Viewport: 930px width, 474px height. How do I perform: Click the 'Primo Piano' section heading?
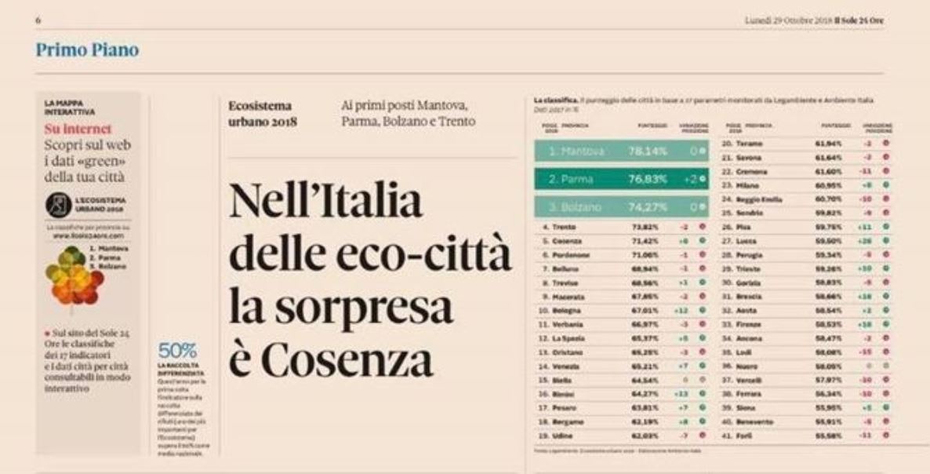click(x=87, y=50)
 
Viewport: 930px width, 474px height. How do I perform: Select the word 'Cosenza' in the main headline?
click(x=347, y=359)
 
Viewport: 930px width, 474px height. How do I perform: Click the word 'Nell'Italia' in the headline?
click(x=325, y=202)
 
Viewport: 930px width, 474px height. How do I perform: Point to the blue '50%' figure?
click(x=177, y=350)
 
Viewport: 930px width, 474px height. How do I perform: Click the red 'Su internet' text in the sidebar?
click(x=78, y=129)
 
